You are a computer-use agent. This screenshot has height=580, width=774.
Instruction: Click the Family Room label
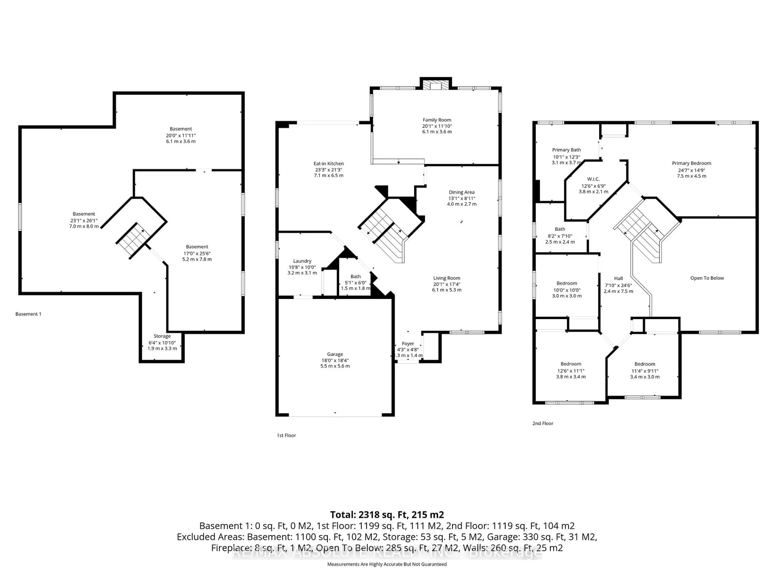437,120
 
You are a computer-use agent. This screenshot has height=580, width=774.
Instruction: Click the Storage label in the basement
162,336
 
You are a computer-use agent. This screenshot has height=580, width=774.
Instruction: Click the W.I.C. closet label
593,179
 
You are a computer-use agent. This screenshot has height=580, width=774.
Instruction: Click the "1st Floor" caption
286,435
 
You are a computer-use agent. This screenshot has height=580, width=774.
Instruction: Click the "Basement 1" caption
28,314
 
